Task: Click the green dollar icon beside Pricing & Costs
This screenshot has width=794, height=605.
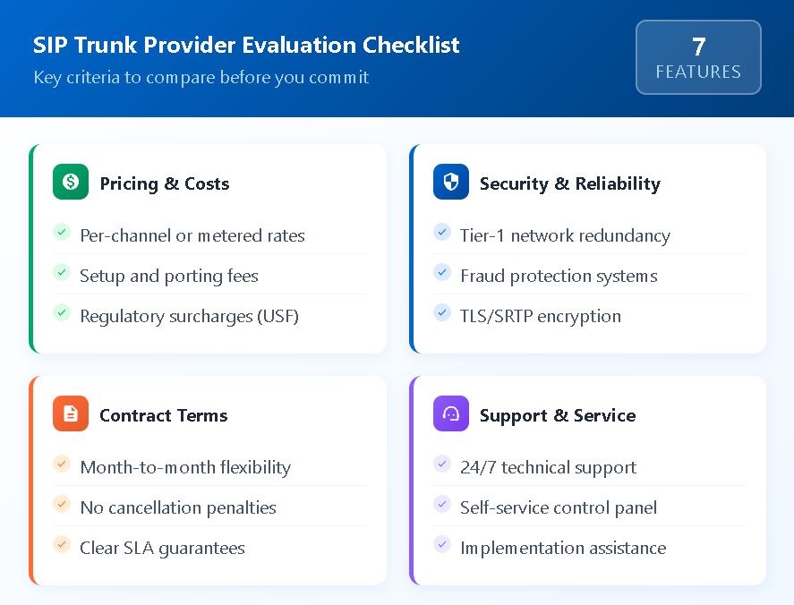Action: (x=71, y=182)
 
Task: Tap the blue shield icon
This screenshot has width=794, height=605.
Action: (x=450, y=182)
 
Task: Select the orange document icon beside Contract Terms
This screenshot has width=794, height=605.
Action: (x=71, y=413)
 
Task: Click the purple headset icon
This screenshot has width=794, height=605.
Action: (x=450, y=413)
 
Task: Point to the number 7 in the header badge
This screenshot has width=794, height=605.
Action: (x=699, y=47)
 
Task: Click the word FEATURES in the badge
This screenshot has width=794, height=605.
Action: (x=698, y=72)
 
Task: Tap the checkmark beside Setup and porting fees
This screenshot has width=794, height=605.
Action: (x=62, y=272)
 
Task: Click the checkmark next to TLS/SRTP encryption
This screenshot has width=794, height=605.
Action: (x=442, y=313)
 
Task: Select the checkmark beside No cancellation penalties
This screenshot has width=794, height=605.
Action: (x=62, y=504)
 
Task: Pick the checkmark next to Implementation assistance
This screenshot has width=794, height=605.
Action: (x=442, y=545)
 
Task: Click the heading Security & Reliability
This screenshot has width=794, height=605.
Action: (x=569, y=183)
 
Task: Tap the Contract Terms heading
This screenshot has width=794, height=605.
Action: (x=164, y=415)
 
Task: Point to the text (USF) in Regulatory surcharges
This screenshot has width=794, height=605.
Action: (x=278, y=317)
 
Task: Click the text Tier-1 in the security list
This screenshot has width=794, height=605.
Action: (x=482, y=235)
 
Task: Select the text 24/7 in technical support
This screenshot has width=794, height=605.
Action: (x=478, y=467)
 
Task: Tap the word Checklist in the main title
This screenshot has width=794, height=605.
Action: (x=411, y=45)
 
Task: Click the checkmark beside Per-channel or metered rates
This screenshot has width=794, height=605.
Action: (x=62, y=233)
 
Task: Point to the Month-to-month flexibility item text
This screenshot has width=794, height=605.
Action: (x=185, y=467)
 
